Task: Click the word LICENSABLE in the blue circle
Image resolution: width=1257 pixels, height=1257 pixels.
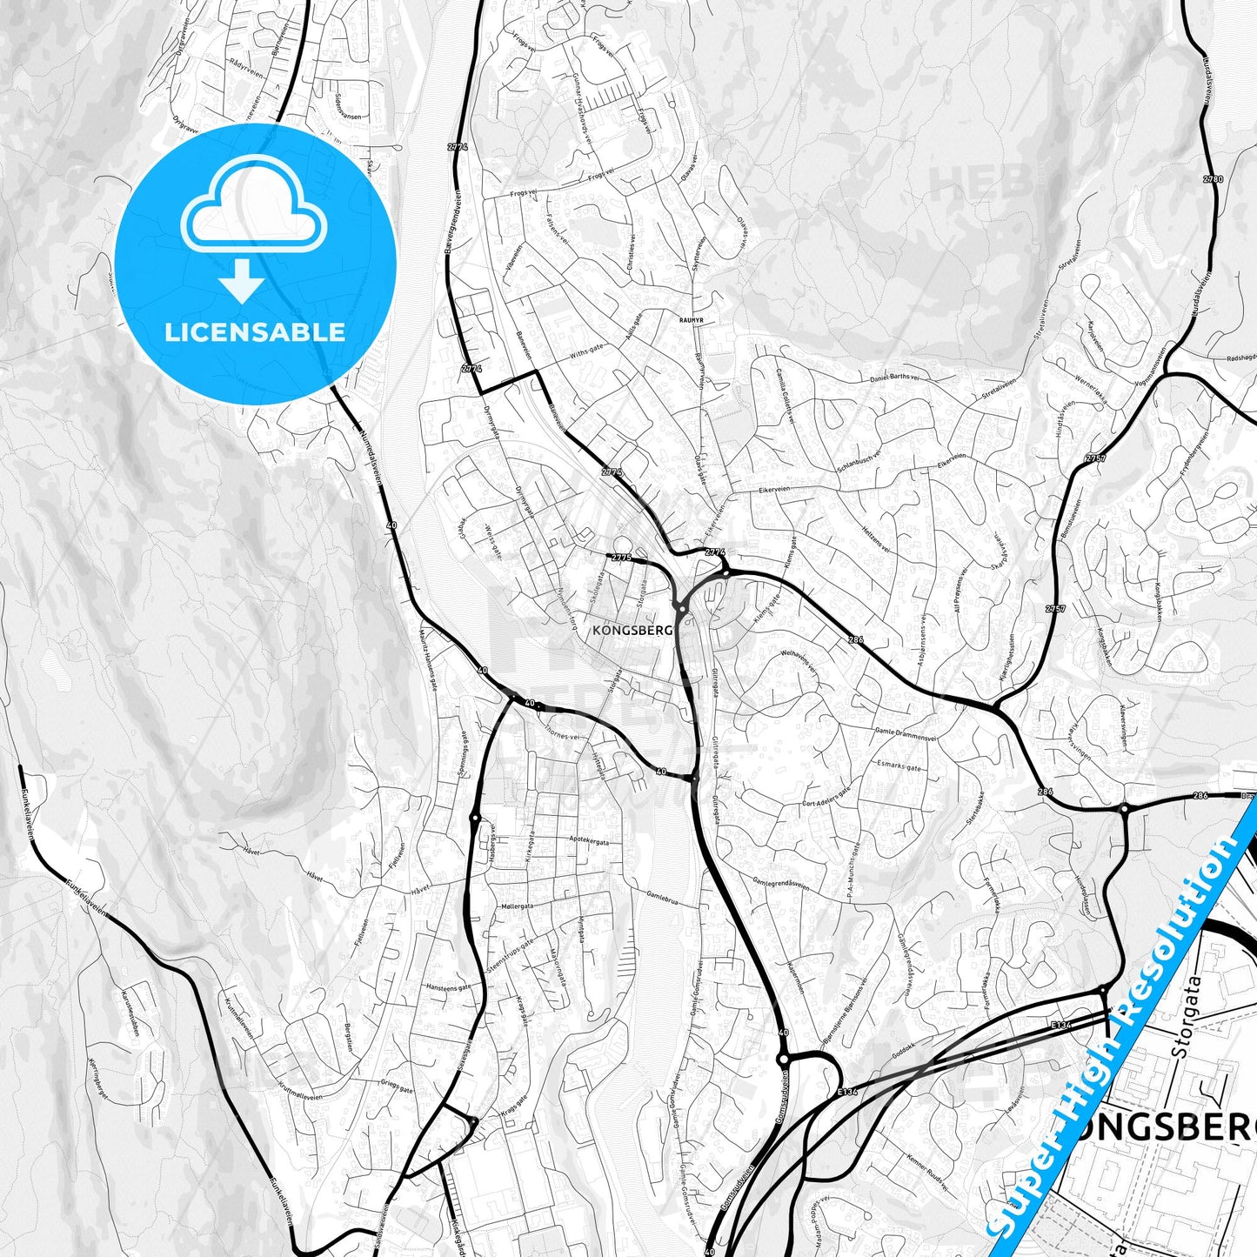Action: pyautogui.click(x=255, y=331)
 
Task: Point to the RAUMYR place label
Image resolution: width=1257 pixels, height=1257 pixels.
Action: pyautogui.click(x=691, y=320)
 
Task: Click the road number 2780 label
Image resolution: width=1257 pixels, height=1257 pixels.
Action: pyautogui.click(x=1213, y=180)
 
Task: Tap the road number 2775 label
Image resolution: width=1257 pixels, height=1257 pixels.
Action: pyautogui.click(x=621, y=558)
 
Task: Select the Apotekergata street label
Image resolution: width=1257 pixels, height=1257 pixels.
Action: pyautogui.click(x=589, y=842)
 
